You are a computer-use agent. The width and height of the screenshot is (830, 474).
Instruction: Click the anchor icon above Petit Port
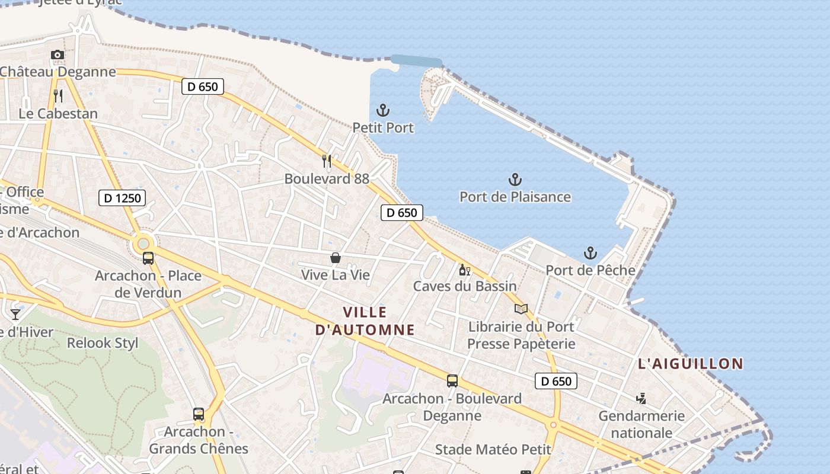pyautogui.click(x=383, y=110)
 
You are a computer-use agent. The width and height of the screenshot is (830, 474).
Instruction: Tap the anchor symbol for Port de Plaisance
pyautogui.click(x=515, y=179)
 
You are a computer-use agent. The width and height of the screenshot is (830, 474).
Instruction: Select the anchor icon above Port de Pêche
pyautogui.click(x=590, y=253)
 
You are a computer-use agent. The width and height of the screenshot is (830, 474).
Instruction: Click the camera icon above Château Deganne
pyautogui.click(x=58, y=55)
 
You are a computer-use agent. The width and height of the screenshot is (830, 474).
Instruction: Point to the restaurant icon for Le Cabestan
pyautogui.click(x=58, y=96)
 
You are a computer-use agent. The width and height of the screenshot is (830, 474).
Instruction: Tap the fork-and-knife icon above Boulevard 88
pyautogui.click(x=326, y=161)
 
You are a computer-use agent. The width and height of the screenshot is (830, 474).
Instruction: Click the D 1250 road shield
pyautogui.click(x=122, y=198)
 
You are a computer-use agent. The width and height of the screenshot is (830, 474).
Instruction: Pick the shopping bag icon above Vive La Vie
pyautogui.click(x=336, y=258)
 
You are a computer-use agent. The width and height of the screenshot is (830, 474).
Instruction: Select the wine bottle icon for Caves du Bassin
pyautogui.click(x=465, y=270)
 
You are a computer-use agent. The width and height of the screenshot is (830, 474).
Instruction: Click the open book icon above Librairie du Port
pyautogui.click(x=521, y=309)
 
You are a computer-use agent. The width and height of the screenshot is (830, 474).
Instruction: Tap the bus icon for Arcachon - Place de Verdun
pyautogui.click(x=148, y=258)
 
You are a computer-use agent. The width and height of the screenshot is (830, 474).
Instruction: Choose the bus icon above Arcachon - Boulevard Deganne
pyautogui.click(x=452, y=381)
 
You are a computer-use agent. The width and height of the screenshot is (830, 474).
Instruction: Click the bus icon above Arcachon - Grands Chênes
pyautogui.click(x=199, y=414)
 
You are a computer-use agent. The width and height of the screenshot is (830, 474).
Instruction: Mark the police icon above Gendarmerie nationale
pyautogui.click(x=641, y=399)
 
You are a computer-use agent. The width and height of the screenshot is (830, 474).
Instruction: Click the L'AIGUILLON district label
pyautogui.click(x=690, y=364)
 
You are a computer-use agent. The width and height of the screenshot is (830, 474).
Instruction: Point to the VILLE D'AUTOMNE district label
pyautogui.click(x=365, y=321)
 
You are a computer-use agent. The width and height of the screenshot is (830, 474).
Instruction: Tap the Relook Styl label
pyautogui.click(x=103, y=343)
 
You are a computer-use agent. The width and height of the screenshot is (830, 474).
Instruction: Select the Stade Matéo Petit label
pyautogui.click(x=493, y=450)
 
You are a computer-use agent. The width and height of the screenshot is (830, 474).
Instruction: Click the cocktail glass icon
pyautogui.click(x=15, y=314)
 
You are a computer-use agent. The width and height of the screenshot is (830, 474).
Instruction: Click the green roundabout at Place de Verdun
pyautogui.click(x=143, y=244)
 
